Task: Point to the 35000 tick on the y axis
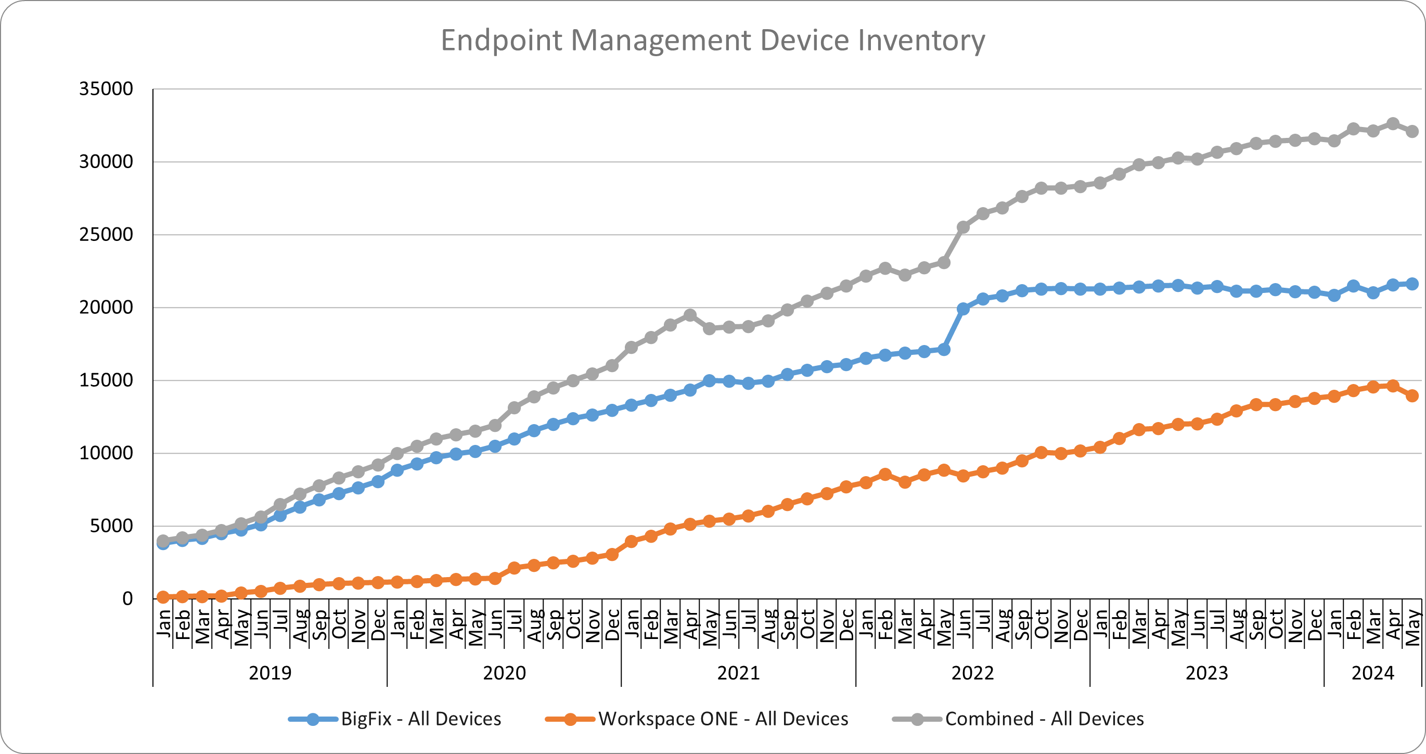106,88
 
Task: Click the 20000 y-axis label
106,307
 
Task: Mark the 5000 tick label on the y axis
111,526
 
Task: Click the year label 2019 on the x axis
269,673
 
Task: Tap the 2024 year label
1372,673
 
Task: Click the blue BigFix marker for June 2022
963,309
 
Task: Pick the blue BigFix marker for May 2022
944,349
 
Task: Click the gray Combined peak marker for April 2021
690,315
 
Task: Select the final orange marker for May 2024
1412,395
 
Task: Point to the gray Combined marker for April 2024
1393,123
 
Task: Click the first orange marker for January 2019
163,597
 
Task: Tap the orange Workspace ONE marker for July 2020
515,568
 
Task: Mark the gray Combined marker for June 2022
963,227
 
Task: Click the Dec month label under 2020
612,624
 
